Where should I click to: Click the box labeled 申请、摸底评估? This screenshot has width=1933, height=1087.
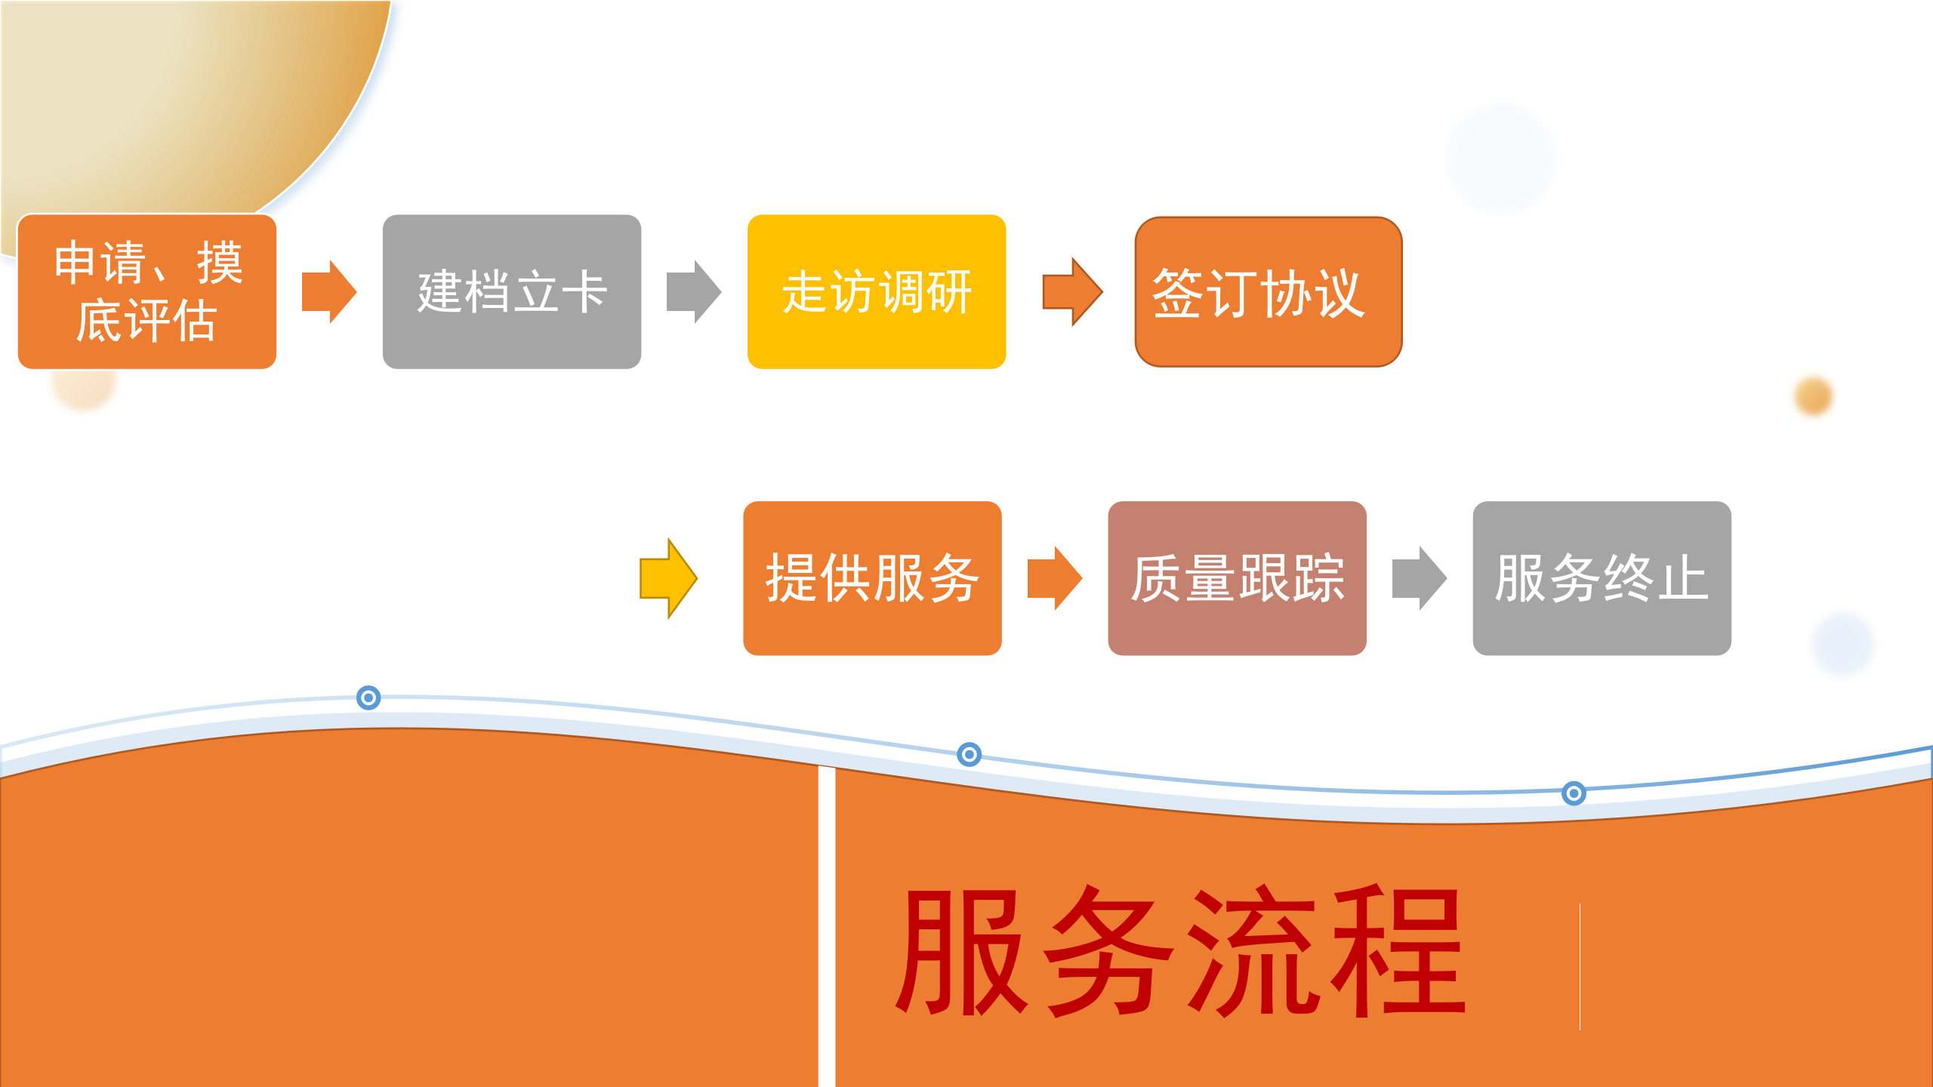pyautogui.click(x=147, y=291)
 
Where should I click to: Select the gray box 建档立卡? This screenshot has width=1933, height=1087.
pyautogui.click(x=512, y=291)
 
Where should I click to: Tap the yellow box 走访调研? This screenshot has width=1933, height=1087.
pyautogui.click(x=877, y=291)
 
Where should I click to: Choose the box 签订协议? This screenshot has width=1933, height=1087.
pyautogui.click(x=1269, y=291)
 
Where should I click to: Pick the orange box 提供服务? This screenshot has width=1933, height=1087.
pyautogui.click(x=872, y=578)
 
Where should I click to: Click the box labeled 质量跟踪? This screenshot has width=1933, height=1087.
pyautogui.click(x=1237, y=578)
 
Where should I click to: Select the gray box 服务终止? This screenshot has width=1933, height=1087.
pyautogui.click(x=1602, y=578)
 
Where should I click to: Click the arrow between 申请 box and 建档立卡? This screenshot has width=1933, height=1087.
pyautogui.click(x=328, y=291)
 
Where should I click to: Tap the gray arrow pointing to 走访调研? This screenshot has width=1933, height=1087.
pyautogui.click(x=693, y=291)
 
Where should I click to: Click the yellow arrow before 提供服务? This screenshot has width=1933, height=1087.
pyautogui.click(x=668, y=578)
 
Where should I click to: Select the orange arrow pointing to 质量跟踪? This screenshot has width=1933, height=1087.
pyautogui.click(x=1054, y=578)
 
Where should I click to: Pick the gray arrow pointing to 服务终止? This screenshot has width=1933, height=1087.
pyautogui.click(x=1419, y=578)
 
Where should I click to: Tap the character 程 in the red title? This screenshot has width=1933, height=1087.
pyautogui.click(x=1397, y=951)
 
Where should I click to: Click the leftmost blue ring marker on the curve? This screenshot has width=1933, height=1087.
pyautogui.click(x=368, y=697)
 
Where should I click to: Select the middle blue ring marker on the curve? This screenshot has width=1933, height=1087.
pyautogui.click(x=969, y=754)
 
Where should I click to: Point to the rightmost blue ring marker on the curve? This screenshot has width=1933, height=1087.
pyautogui.click(x=1574, y=793)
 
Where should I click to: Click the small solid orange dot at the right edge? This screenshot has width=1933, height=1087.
pyautogui.click(x=1814, y=396)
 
